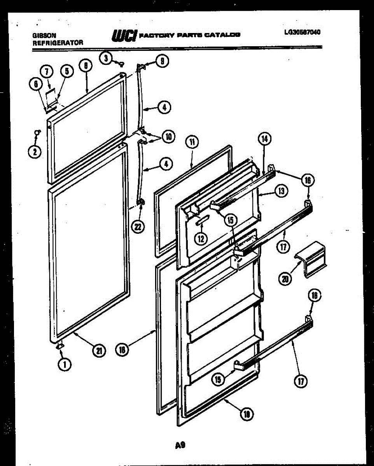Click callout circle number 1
pyautogui.click(x=65, y=364)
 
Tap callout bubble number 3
pyautogui.click(x=105, y=58)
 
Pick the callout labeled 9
pyautogui.click(x=162, y=61)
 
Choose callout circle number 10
pyautogui.click(x=169, y=136)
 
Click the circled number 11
pyautogui.click(x=191, y=142)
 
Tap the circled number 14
pyautogui.click(x=264, y=138)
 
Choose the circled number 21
pyautogui.click(x=100, y=351)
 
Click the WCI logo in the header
pyautogui.click(x=124, y=35)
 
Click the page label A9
pyautogui.click(x=179, y=446)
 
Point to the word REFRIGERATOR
pyautogui.click(x=58, y=43)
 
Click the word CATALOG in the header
pyautogui.click(x=222, y=35)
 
